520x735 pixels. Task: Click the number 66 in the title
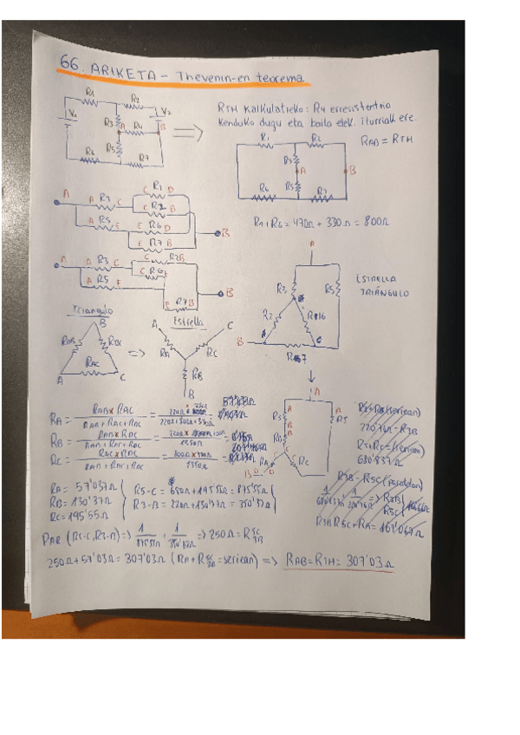(70, 64)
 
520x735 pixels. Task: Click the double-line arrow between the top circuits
(187, 133)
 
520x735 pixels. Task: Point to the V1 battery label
(74, 114)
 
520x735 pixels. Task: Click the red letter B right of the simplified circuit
(352, 171)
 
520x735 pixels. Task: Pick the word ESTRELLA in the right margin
(374, 280)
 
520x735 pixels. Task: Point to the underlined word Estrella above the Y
(188, 321)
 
